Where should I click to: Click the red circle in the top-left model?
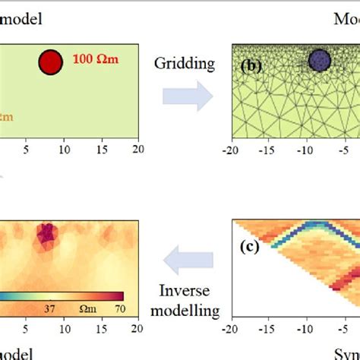pyautogui.click(x=51, y=63)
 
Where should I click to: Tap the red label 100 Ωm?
pyautogui.click(x=97, y=58)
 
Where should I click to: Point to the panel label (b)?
pyautogui.click(x=251, y=66)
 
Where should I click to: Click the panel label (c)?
pyautogui.click(x=251, y=246)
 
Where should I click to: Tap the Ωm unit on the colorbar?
pyautogui.click(x=85, y=308)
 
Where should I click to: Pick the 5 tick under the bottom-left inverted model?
pyautogui.click(x=26, y=329)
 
